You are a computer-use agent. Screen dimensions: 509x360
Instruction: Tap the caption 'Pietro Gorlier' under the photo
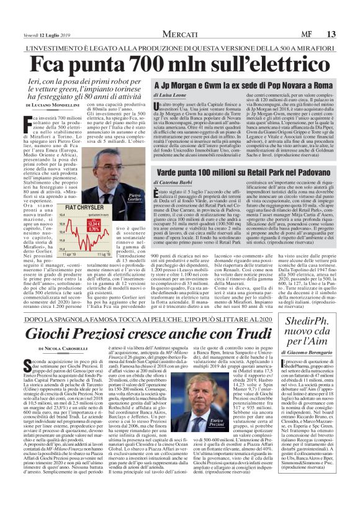[x=135, y=198]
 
